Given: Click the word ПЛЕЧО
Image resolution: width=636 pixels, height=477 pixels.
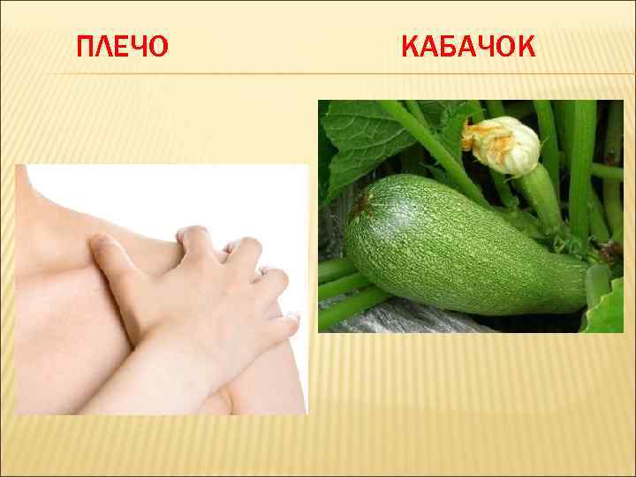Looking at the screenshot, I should point(121,47).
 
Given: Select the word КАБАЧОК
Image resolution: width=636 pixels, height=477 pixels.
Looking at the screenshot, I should point(467,45).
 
